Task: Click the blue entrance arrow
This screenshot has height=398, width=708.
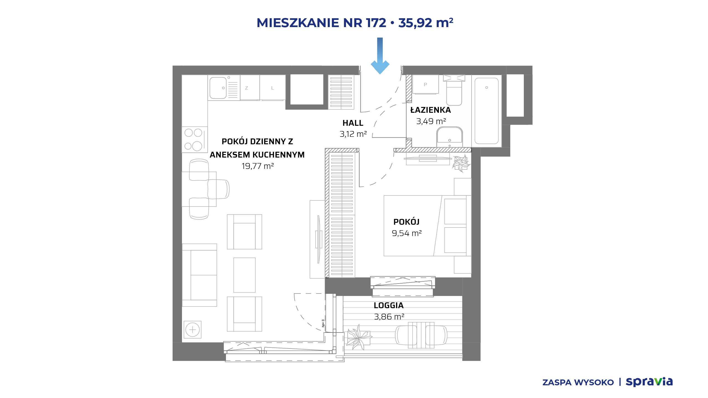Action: point(380,56)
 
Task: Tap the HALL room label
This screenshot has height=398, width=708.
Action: point(353,123)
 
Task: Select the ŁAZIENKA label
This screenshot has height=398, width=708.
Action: point(431,110)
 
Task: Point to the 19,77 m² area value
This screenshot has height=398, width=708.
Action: point(258,166)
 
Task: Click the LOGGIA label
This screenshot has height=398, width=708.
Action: point(389,305)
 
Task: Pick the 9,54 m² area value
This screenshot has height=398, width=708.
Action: point(407,233)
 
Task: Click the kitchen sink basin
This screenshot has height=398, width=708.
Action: point(218,88)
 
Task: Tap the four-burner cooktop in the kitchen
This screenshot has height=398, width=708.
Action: point(195,140)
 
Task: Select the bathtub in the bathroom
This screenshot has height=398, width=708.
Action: point(486,111)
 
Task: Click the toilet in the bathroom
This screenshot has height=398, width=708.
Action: point(454,90)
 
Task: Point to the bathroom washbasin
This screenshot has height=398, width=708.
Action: point(449,137)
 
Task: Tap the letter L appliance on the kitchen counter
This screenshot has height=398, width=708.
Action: point(273,88)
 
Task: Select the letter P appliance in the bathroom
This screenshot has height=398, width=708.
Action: point(425,84)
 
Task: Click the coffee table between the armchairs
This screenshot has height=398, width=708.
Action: point(244,275)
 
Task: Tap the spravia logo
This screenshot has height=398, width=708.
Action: point(649,382)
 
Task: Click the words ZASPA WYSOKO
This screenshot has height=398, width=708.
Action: point(578,383)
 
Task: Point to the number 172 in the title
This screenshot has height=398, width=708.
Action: point(376,23)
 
